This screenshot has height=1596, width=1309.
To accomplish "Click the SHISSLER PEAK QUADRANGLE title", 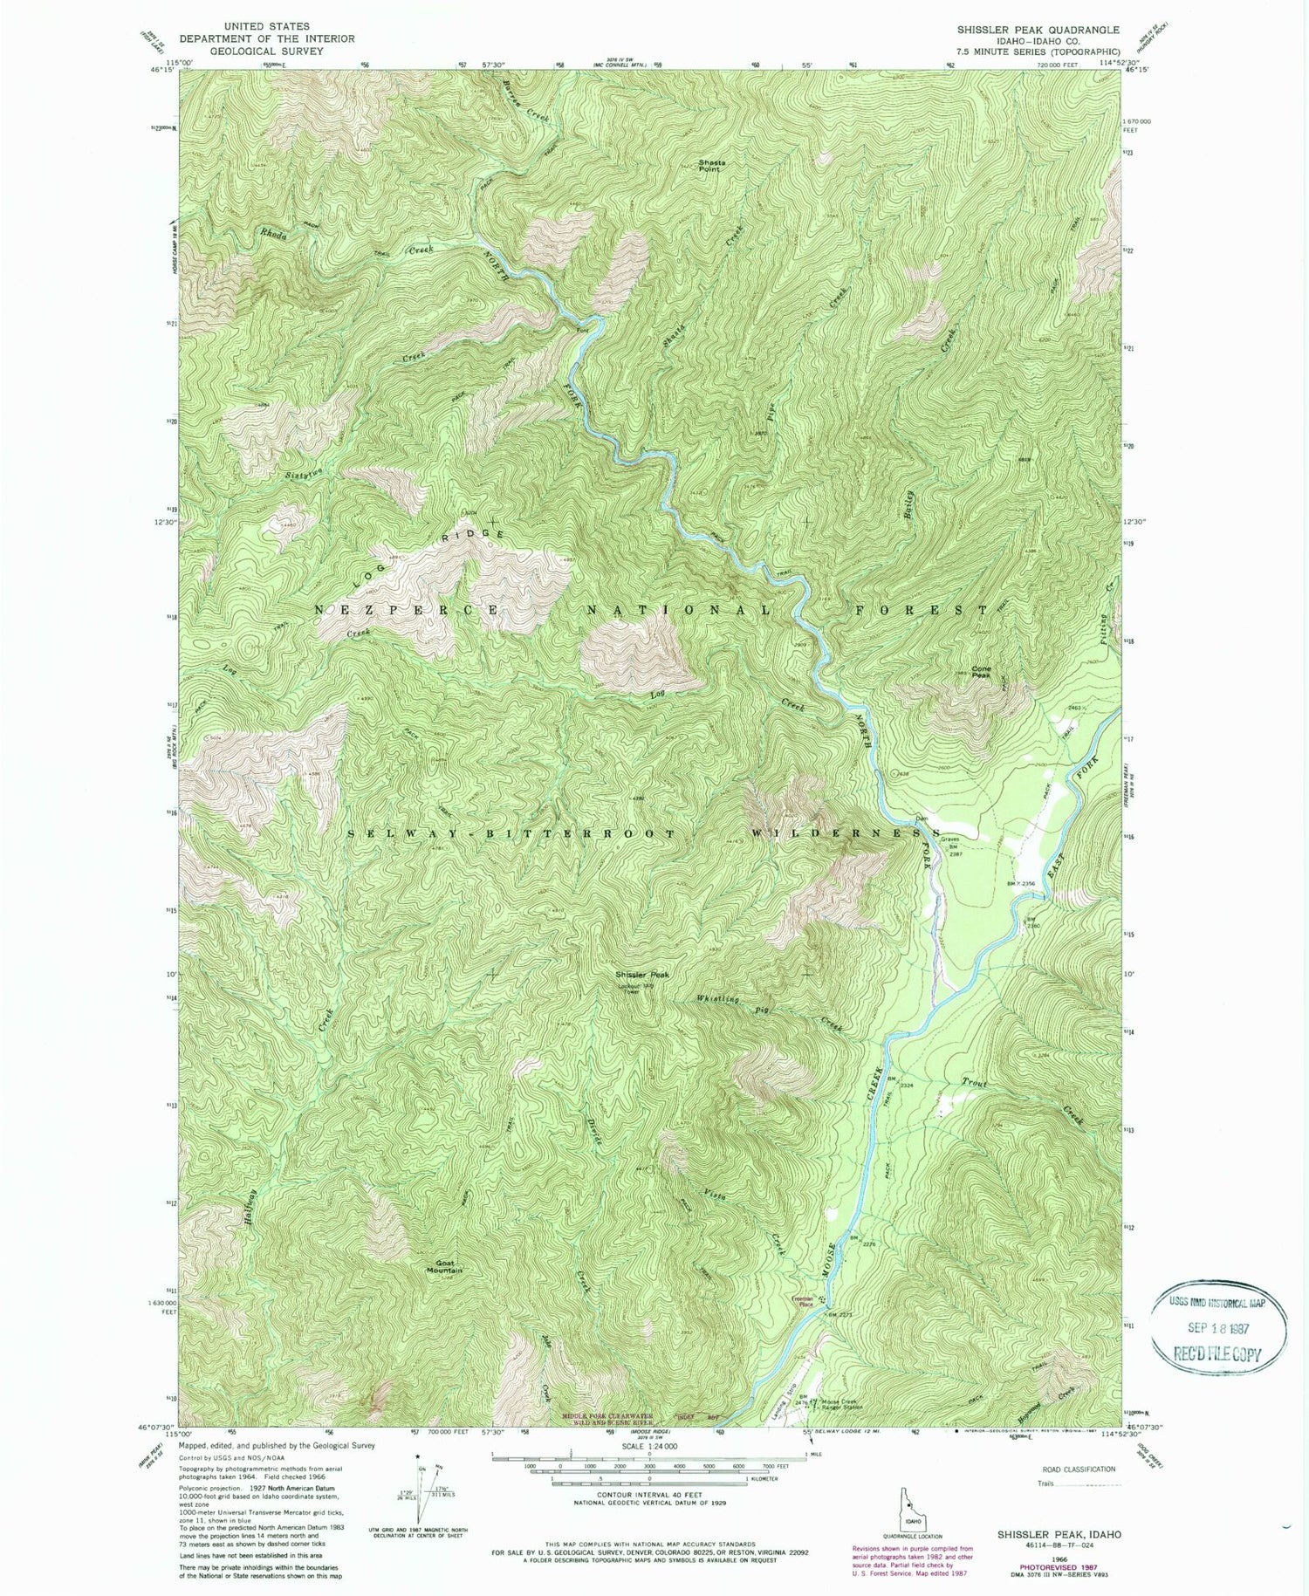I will [1038, 30].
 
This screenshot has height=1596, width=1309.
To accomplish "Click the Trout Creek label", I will [975, 1083].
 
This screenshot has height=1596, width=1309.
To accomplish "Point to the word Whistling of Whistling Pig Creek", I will [718, 999].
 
